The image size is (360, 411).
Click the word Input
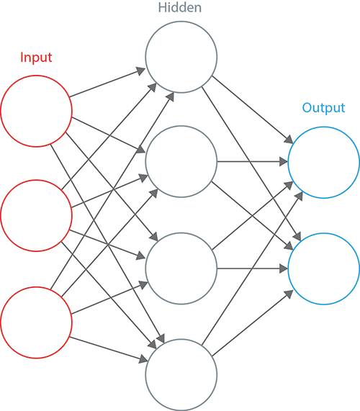point(36,58)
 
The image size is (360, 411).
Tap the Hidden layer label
point(180,7)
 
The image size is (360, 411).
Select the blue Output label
point(323,108)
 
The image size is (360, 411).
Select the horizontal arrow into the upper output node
point(253,161)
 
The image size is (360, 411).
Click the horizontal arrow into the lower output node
point(253,268)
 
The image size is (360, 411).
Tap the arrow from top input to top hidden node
point(107,82)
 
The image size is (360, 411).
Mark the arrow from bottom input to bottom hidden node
point(109,348)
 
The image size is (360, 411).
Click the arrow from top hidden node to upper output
point(253,109)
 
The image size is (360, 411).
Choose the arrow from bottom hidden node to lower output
point(253,323)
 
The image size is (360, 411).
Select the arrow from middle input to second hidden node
point(110,191)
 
